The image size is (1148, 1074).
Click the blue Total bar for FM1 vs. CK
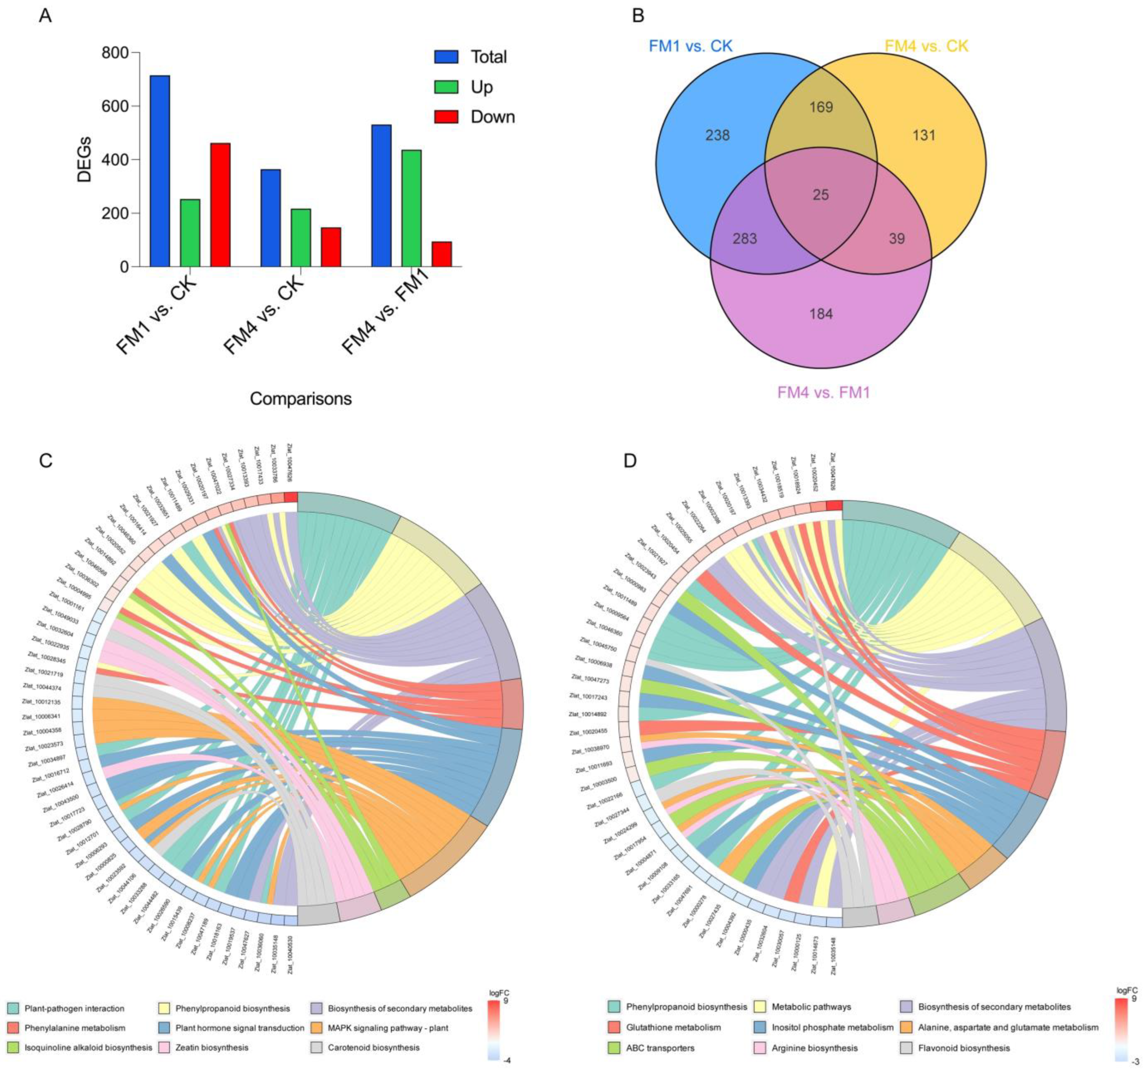pos(160,171)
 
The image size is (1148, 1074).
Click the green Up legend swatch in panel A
pos(446,87)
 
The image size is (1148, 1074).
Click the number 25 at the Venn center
pos(821,195)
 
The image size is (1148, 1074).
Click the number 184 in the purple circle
pos(821,314)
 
